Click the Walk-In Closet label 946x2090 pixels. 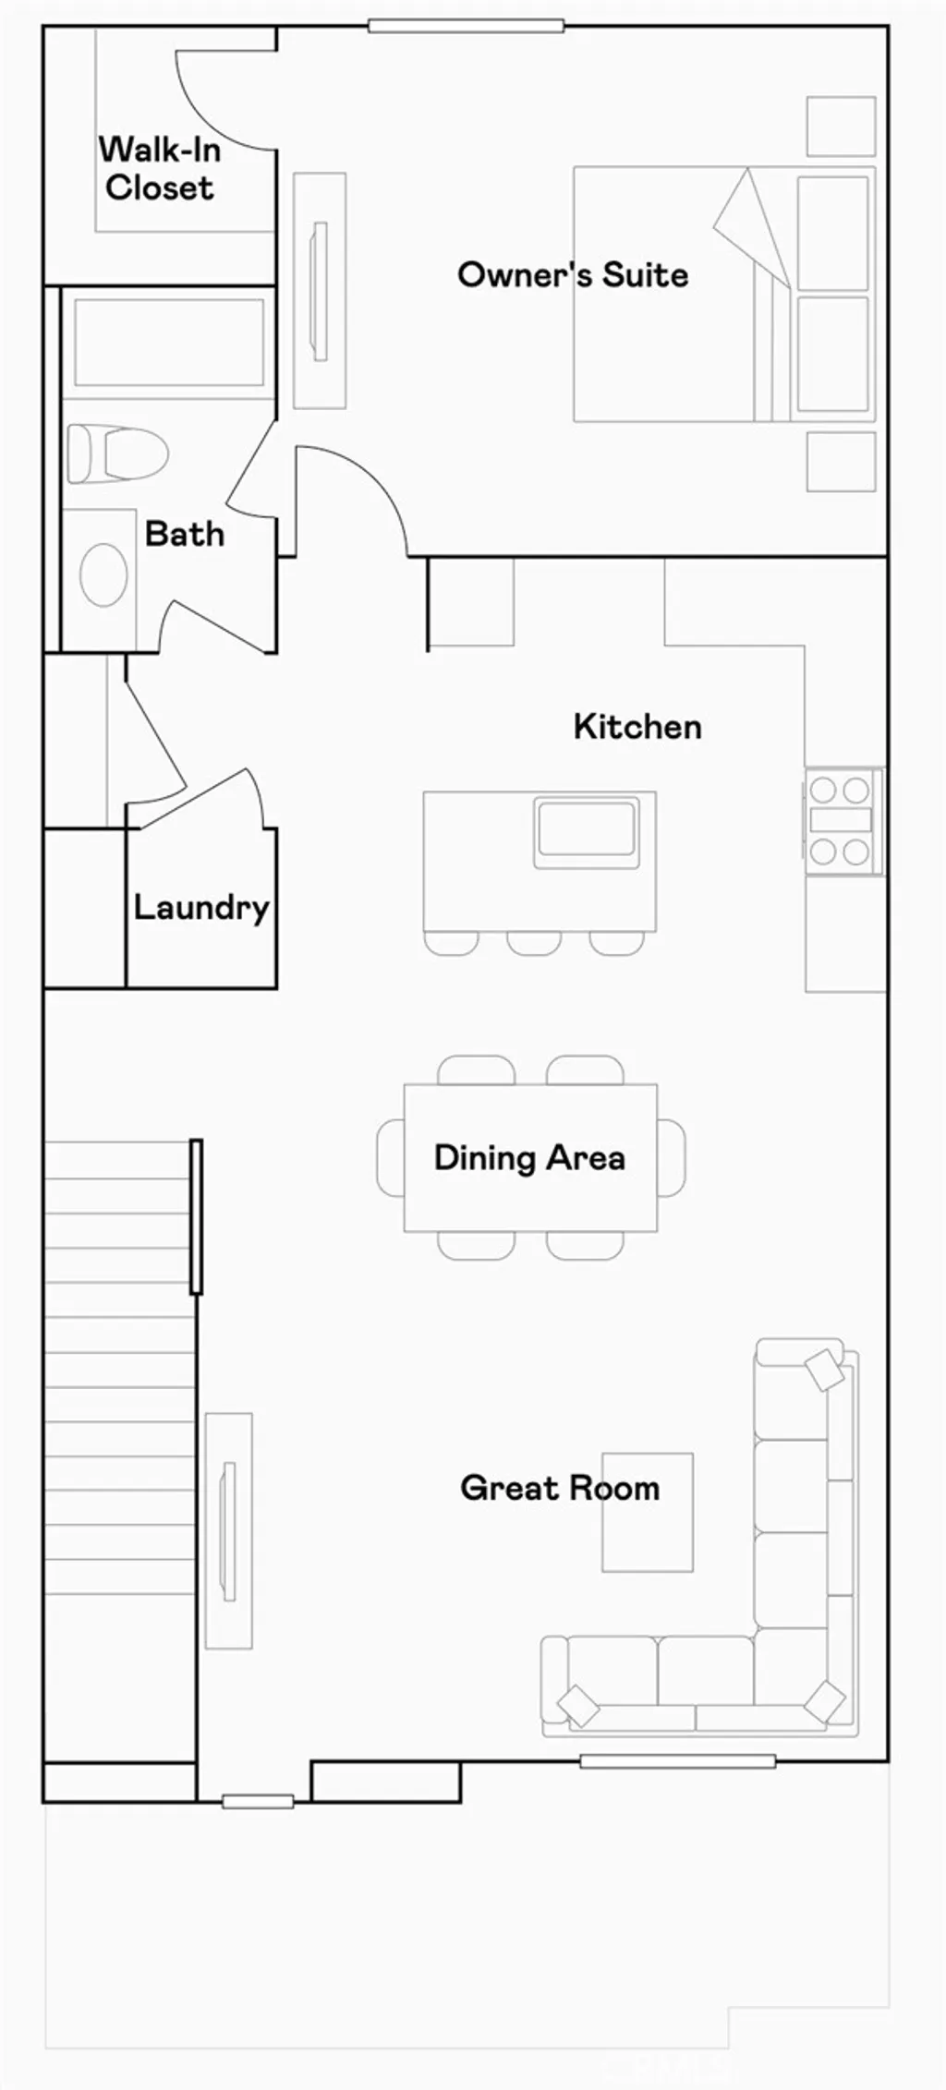tap(159, 169)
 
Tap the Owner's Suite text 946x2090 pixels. tap(573, 275)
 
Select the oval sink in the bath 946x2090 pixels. tap(103, 574)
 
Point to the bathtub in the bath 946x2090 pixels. tap(169, 343)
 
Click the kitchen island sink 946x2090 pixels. tap(586, 829)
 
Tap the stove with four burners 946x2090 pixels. tap(841, 820)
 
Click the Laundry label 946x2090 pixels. tap(201, 908)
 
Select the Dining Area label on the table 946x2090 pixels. tap(529, 1158)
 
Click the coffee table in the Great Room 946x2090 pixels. tap(648, 1512)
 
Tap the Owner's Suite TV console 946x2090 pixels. tap(320, 290)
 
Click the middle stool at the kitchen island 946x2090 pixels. tap(534, 943)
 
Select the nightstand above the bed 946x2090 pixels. tap(841, 127)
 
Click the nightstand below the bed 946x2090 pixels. tap(841, 461)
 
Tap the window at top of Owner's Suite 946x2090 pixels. tap(466, 26)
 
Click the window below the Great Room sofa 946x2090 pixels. tap(677, 1761)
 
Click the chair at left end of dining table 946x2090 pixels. tap(391, 1158)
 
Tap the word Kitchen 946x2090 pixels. tap(637, 727)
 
